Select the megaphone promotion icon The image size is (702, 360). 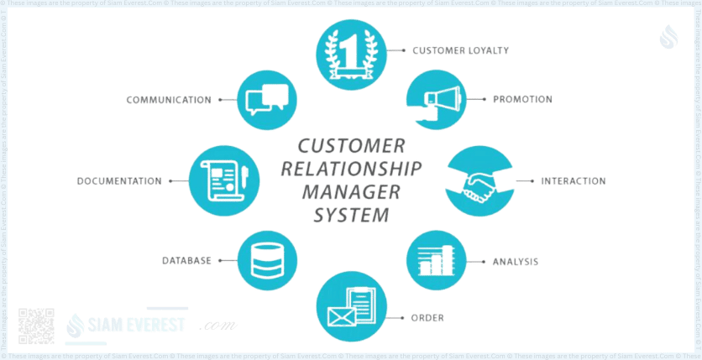tap(437, 99)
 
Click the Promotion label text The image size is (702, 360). tap(523, 99)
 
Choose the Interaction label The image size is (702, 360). tap(574, 181)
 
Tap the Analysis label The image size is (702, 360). tap(516, 261)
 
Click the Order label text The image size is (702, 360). tap(427, 318)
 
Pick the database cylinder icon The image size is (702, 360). tap(268, 261)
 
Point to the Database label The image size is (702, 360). tap(186, 261)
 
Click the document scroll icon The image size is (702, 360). tap(221, 180)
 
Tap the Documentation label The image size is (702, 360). tap(118, 180)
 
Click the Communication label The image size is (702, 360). tap(168, 100)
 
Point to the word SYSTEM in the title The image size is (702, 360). tap(351, 215)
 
